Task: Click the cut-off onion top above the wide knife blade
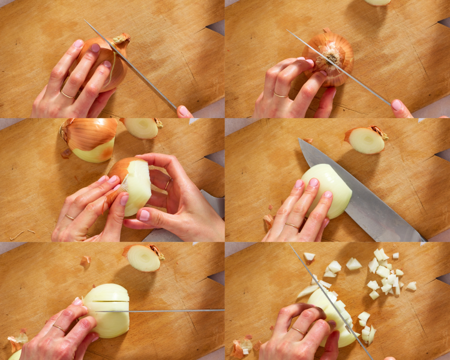[x=366, y=140]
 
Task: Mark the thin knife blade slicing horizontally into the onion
[x=174, y=310]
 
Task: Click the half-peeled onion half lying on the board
[x=90, y=139]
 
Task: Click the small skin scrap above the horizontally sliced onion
[x=85, y=261]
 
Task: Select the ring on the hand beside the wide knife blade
[x=292, y=226]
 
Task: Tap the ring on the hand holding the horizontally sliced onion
[x=58, y=328]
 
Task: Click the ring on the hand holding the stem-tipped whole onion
[x=67, y=94]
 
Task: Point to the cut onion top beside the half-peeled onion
[x=142, y=127]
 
